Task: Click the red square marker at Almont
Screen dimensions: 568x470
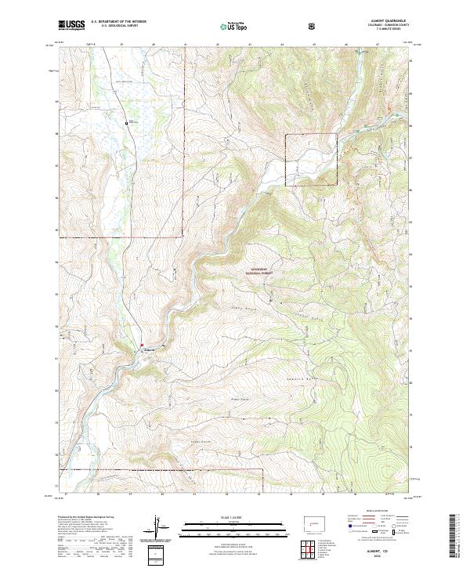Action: pos(142,346)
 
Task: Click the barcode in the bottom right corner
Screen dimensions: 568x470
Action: pos(457,541)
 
